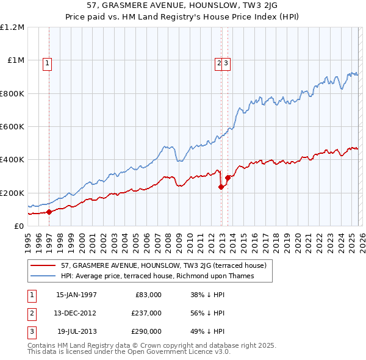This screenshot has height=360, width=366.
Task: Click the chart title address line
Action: click(x=183, y=5)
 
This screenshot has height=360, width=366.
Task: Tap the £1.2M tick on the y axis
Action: click(x=12, y=27)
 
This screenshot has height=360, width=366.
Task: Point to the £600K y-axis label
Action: click(x=12, y=127)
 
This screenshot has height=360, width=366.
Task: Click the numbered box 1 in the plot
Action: click(x=47, y=62)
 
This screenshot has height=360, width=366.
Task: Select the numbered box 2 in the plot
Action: click(x=218, y=62)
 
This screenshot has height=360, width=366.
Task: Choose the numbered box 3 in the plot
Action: click(x=226, y=62)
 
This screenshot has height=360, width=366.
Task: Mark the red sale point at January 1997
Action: click(x=49, y=212)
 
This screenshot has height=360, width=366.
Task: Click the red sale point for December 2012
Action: click(x=221, y=187)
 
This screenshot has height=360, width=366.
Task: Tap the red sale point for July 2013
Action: click(x=227, y=178)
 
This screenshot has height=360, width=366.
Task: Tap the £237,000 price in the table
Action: click(x=146, y=312)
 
